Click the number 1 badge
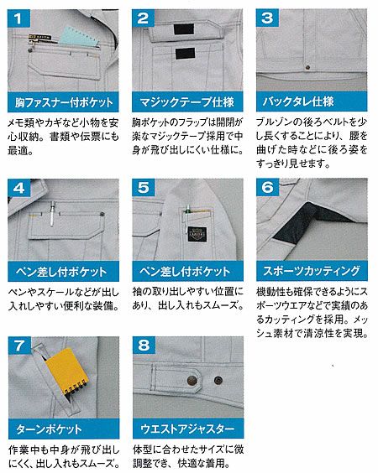click(18, 18)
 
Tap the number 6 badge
click(267, 187)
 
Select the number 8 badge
click(144, 346)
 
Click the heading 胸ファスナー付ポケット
click(64, 102)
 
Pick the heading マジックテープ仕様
click(187, 102)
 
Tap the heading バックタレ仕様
click(297, 101)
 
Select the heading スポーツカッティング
click(312, 271)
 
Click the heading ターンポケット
click(49, 429)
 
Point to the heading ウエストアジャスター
click(187, 429)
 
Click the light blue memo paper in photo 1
click(79, 38)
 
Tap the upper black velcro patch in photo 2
click(184, 29)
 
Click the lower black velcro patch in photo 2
click(185, 53)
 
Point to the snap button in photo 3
click(307, 67)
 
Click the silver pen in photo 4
click(53, 214)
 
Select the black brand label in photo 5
click(197, 234)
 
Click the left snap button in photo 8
click(192, 381)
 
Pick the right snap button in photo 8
click(218, 381)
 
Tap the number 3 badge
click(267, 18)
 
